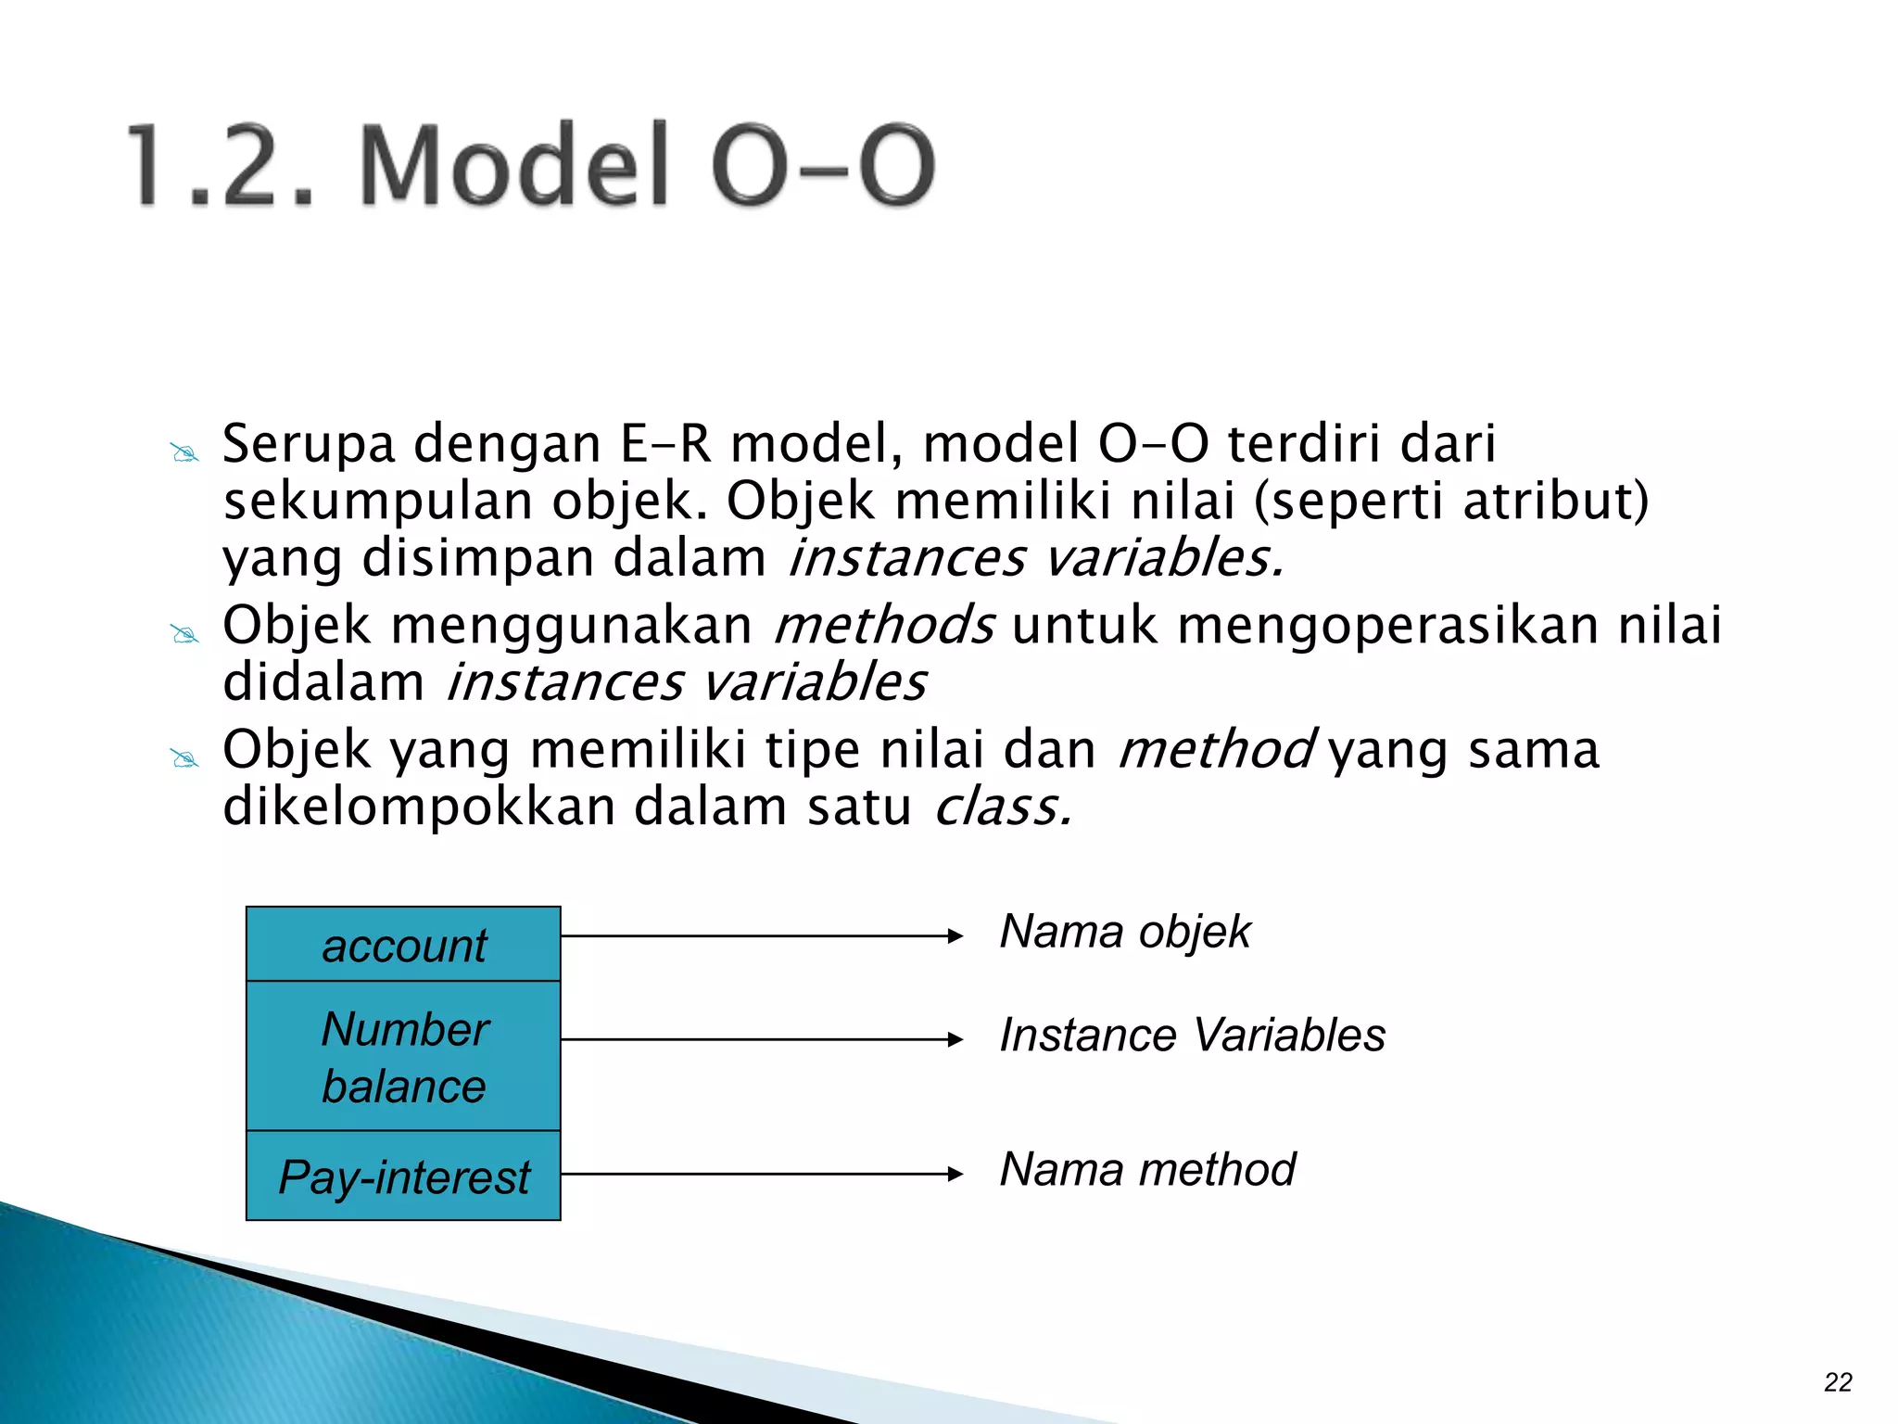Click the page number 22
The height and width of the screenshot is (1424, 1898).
(x=1837, y=1382)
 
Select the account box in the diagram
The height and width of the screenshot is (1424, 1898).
(x=403, y=945)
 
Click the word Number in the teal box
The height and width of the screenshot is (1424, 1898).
(x=405, y=1029)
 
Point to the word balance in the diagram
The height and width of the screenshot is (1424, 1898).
(x=403, y=1087)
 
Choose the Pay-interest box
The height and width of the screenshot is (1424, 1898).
(x=403, y=1176)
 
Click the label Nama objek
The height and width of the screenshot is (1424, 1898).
(x=1125, y=932)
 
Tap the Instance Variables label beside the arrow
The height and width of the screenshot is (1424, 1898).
(x=1192, y=1036)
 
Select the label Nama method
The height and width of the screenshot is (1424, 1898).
(x=1147, y=1169)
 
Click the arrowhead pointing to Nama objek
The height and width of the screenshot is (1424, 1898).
(x=955, y=936)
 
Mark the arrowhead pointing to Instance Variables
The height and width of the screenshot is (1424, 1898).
(x=955, y=1040)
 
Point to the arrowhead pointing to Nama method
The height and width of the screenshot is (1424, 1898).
(x=955, y=1175)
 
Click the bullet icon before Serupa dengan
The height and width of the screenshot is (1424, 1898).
(x=184, y=453)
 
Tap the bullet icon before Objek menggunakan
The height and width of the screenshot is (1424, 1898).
(x=184, y=635)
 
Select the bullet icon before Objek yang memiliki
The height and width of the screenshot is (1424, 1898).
(x=184, y=759)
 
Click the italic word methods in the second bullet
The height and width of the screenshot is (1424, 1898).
(x=884, y=625)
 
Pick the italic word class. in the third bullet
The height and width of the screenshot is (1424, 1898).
(x=1003, y=807)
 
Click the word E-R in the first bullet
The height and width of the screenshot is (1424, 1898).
(x=664, y=443)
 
